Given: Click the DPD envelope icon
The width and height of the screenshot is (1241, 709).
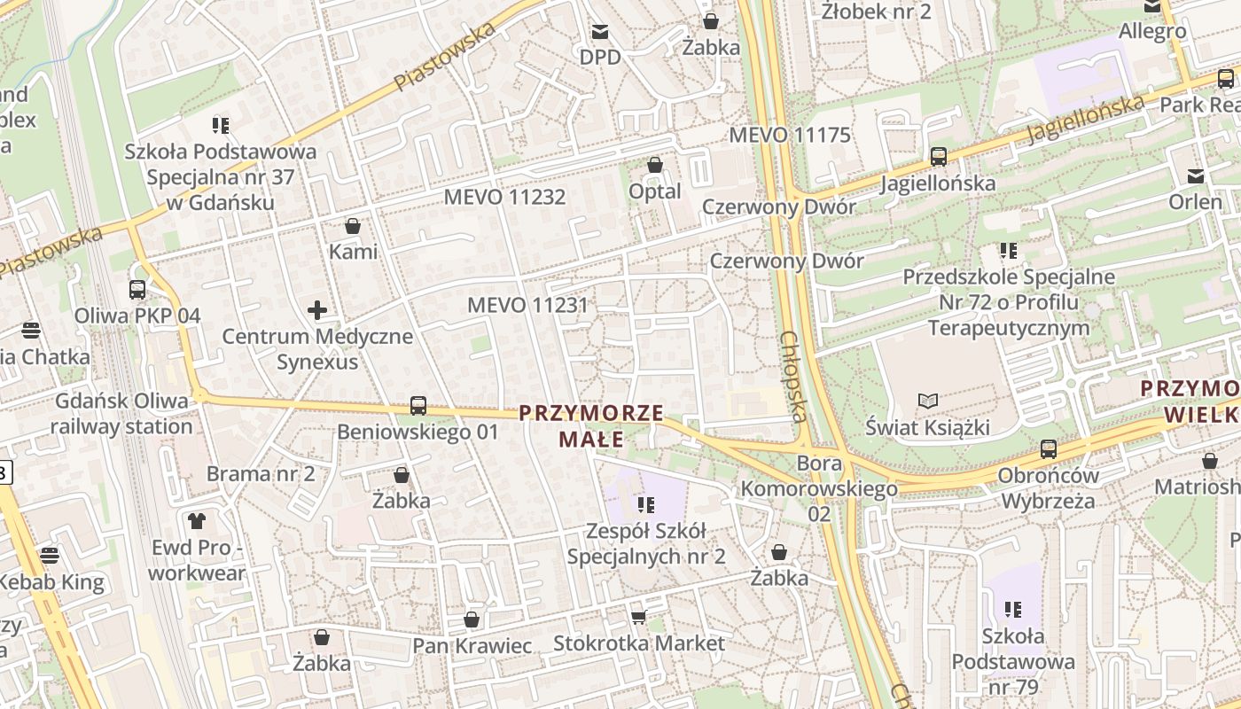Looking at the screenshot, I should tap(601, 33).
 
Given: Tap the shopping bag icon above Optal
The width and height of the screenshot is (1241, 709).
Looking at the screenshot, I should tap(655, 165).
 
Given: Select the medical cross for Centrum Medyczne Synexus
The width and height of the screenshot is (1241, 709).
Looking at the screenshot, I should tap(317, 310).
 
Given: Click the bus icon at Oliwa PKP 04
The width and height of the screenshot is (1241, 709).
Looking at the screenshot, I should tap(137, 289).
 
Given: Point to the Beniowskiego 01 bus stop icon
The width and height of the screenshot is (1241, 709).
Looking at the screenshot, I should tap(418, 406).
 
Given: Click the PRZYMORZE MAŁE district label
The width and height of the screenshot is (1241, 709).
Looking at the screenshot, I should tap(591, 425).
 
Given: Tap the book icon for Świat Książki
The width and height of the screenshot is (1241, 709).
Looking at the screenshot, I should tap(927, 401).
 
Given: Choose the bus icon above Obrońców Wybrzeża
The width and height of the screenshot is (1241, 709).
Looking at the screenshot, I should tap(1049, 448).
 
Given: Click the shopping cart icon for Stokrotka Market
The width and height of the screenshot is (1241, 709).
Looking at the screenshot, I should tap(638, 617).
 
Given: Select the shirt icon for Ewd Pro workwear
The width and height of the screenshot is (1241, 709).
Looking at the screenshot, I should tap(196, 521).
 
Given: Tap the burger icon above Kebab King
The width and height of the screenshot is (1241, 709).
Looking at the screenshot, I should tap(50, 556).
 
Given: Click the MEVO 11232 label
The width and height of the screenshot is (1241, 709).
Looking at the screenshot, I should tap(504, 197).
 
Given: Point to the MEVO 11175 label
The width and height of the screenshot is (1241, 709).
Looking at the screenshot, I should tap(789, 136).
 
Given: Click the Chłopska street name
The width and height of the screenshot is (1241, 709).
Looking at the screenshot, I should tap(793, 377).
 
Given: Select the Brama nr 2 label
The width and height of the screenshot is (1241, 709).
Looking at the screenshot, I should tap(261, 473).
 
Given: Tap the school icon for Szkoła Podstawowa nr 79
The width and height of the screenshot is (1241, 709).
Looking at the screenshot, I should tap(1014, 610).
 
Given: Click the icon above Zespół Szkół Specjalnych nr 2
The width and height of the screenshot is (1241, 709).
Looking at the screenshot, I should tap(645, 505).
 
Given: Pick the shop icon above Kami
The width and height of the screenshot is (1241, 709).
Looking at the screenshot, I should tap(353, 226).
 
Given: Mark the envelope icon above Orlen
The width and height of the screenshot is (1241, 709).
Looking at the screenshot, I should tap(1196, 175).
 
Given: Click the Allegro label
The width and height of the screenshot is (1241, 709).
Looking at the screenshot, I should tap(1152, 31).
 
